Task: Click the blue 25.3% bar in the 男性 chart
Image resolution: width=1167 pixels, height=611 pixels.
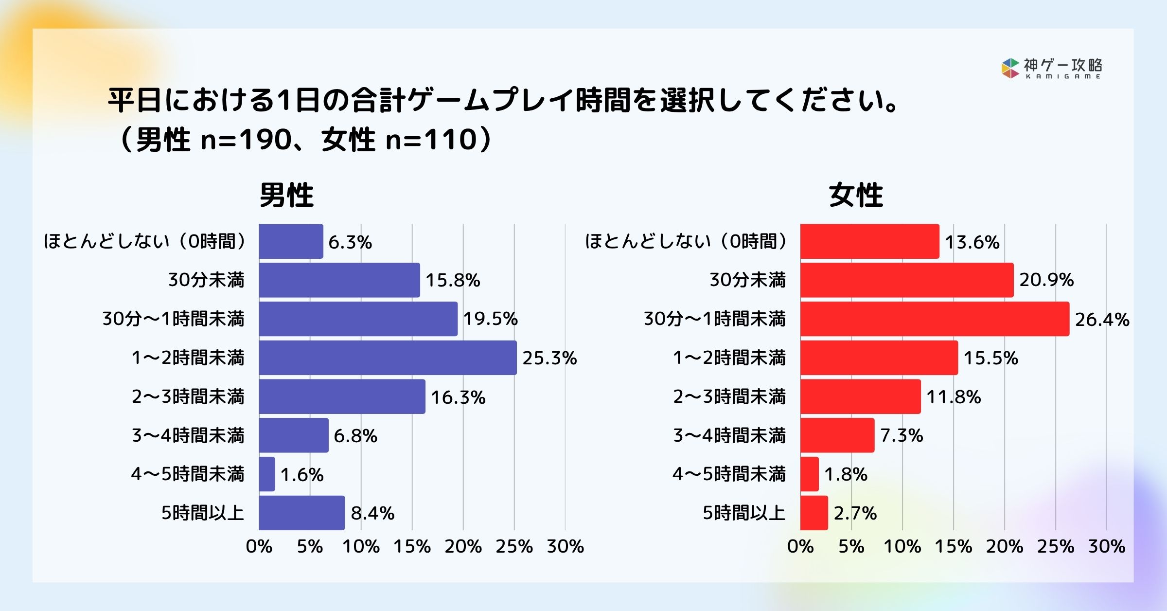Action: coord(388,358)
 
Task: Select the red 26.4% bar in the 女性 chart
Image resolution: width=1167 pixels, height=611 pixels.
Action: coord(935,319)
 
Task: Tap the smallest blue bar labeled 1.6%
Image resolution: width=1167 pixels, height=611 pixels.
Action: coord(267,474)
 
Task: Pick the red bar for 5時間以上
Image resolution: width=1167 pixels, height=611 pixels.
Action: coord(814,513)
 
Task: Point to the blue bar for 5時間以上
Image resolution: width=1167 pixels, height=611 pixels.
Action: coord(301,513)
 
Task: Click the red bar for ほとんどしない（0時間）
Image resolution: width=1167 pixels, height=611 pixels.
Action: coord(869,241)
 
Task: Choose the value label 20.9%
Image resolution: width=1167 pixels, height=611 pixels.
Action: coord(1046,280)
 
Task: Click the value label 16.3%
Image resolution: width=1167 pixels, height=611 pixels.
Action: coord(458,397)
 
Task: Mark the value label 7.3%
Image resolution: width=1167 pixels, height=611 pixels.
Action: coord(902,435)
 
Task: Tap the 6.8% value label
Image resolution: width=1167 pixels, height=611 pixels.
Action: coord(355,435)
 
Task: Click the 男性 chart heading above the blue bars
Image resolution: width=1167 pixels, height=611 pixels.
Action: coord(286,196)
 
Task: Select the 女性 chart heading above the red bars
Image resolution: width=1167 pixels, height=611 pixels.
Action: coord(856,196)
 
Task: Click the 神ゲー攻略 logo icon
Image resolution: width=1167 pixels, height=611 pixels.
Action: coord(1010,68)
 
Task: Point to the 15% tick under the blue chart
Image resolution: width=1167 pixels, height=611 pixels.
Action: coord(412,546)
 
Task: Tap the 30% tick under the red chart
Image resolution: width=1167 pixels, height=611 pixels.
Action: coord(1107,546)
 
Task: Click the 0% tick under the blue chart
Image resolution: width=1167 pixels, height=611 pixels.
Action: coord(259,546)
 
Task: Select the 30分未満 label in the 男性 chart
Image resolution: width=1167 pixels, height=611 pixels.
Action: coord(206,280)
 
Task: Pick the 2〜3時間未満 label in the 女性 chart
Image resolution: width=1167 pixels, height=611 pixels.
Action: coord(729,396)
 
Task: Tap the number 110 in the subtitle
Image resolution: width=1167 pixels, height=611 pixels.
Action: coord(450,140)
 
